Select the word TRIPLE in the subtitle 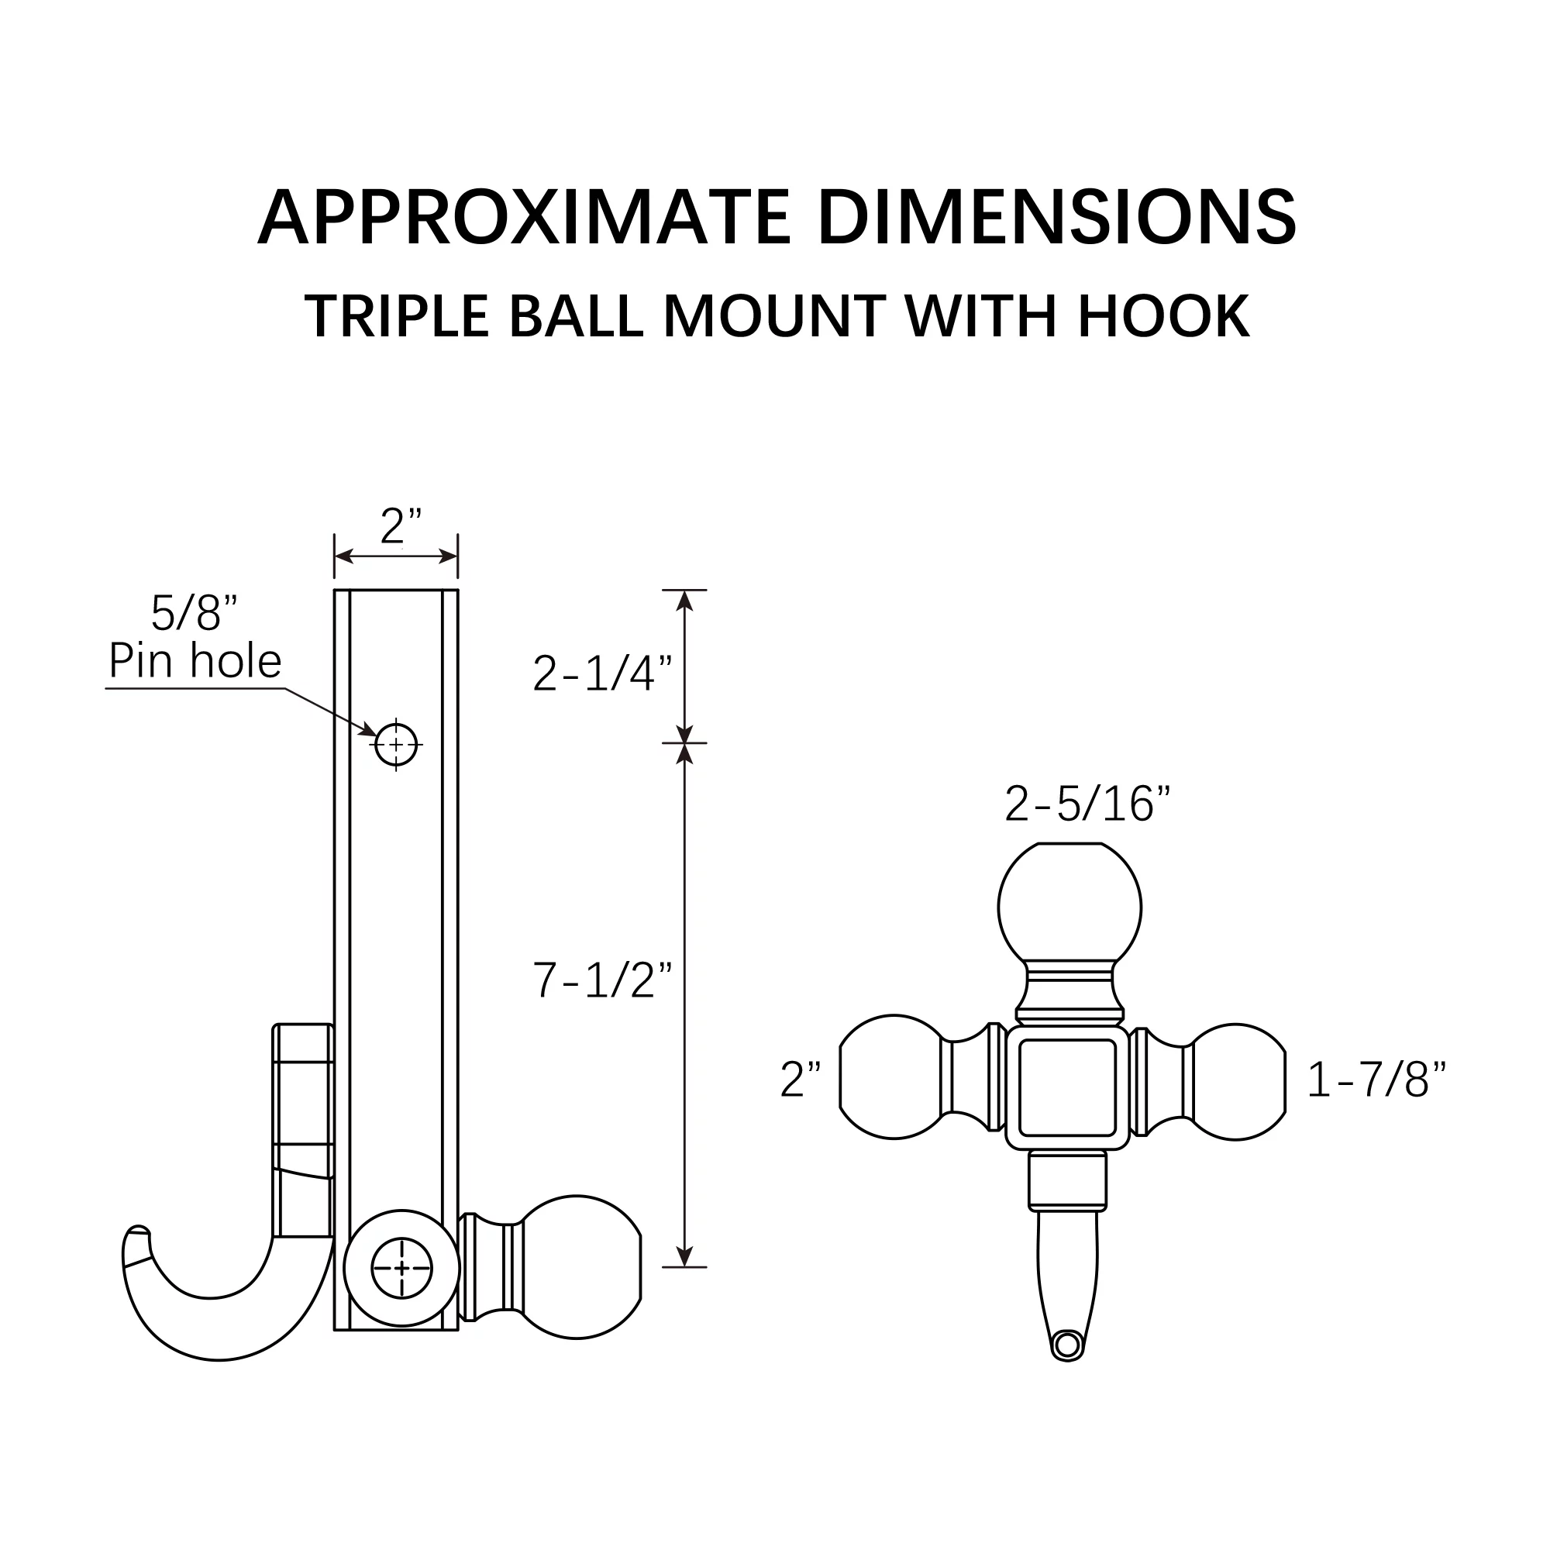pos(397,316)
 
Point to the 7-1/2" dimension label pos(602,980)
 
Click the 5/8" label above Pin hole pos(195,613)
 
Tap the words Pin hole pos(195,661)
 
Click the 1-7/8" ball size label pos(1376,1079)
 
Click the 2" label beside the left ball pos(801,1080)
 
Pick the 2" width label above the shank pos(401,527)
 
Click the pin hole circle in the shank pos(396,745)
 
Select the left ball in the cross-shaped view pos(891,1076)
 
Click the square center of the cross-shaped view pos(1067,1087)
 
